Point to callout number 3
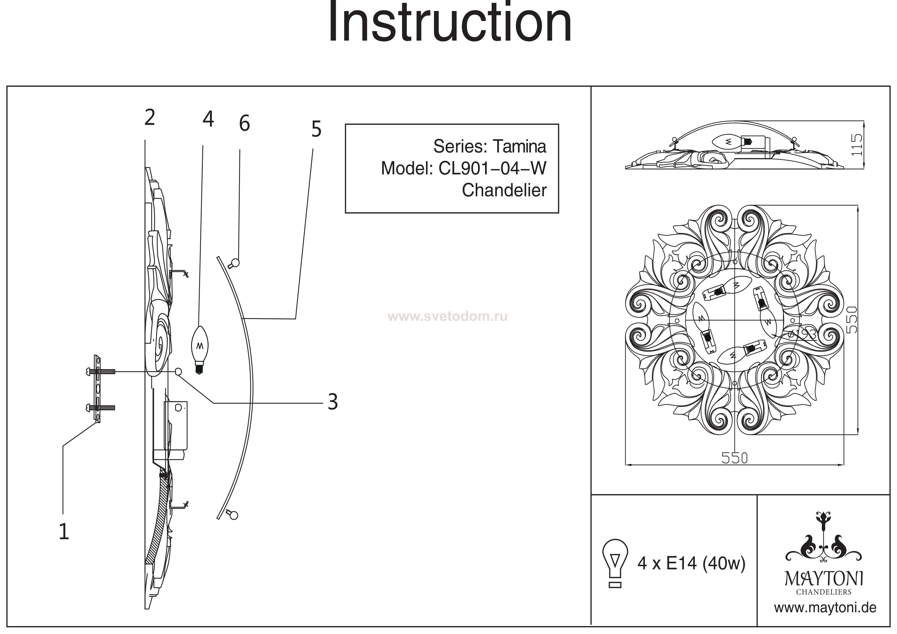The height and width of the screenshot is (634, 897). point(332,402)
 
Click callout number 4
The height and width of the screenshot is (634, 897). point(208,119)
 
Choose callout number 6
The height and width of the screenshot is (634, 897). point(244,123)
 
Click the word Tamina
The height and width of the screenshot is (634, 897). point(519,146)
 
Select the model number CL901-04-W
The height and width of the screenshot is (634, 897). point(492,168)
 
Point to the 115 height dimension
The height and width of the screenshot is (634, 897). point(856,144)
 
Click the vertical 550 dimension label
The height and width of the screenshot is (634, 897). point(852,320)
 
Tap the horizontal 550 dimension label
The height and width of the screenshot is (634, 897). point(734,458)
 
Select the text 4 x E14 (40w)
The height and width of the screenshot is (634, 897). point(691,563)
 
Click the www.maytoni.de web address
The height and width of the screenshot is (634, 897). point(825,608)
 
